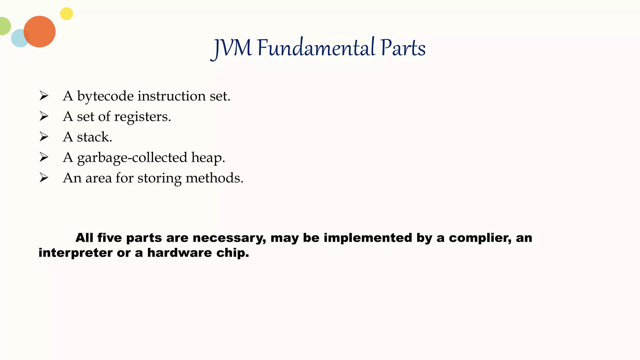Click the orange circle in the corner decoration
(40, 32)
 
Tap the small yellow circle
(67, 14)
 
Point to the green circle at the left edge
(4, 26)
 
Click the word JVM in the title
(232, 48)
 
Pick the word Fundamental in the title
(316, 48)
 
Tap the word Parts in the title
(403, 48)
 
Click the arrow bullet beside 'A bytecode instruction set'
(44, 96)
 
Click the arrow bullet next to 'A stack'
(44, 137)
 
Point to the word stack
(94, 137)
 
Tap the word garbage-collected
(132, 158)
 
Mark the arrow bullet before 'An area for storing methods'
(44, 178)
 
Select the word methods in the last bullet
(214, 178)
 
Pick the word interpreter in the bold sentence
(75, 253)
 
